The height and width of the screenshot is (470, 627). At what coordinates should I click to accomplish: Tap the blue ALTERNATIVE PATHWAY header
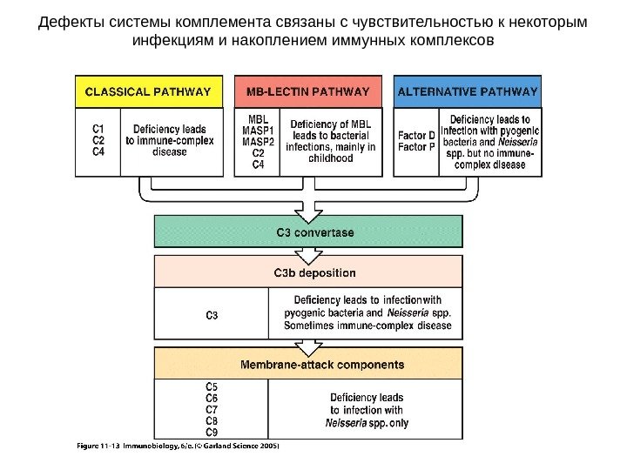tap(467, 91)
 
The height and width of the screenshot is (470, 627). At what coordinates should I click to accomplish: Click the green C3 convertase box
tap(308, 232)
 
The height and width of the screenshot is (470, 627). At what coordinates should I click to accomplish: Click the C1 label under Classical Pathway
tap(98, 129)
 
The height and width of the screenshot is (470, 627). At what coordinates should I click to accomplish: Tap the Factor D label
tap(416, 136)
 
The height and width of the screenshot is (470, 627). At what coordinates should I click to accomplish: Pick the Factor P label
tap(416, 147)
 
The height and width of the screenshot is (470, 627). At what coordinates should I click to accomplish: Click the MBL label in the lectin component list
tap(258, 120)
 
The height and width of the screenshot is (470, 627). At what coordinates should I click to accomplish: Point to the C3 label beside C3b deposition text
tap(212, 314)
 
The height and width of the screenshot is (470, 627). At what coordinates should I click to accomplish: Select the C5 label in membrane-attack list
tap(212, 386)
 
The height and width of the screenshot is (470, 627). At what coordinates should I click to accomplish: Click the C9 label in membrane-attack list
tap(212, 432)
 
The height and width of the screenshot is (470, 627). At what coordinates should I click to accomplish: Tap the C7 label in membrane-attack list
tap(212, 409)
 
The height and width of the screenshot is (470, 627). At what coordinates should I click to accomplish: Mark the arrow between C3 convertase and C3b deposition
tap(308, 254)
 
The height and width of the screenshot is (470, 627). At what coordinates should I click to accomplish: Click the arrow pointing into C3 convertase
tap(308, 209)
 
